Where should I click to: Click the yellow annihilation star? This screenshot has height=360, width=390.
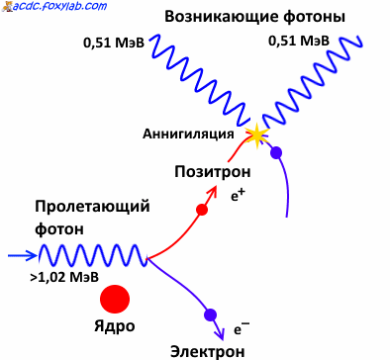[x=257, y=134]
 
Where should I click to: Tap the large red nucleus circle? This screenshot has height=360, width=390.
[x=115, y=298]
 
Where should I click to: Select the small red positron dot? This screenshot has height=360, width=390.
[x=202, y=210]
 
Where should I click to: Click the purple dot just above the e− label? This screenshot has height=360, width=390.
[x=210, y=315]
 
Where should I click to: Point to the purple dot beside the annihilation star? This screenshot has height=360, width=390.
[x=276, y=152]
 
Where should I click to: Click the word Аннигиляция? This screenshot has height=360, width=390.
[x=188, y=134]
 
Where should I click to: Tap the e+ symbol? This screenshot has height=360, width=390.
[x=238, y=195]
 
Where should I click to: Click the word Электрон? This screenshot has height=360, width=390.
[x=207, y=350]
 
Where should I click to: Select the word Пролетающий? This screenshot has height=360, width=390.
[x=92, y=207]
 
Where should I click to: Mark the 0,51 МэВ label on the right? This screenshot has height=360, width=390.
[x=300, y=41]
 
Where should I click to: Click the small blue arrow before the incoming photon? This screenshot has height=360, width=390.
[x=22, y=255]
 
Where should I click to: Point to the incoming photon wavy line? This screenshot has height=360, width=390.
[x=94, y=256]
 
